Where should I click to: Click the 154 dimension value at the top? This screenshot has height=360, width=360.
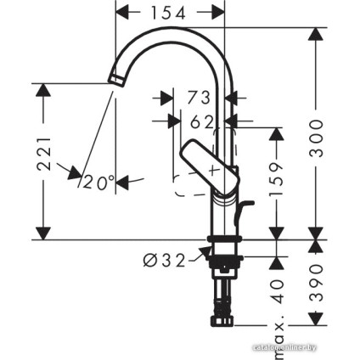[169, 12]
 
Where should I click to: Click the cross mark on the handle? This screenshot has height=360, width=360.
[214, 169]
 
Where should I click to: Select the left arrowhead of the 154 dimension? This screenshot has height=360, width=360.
[121, 12]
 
